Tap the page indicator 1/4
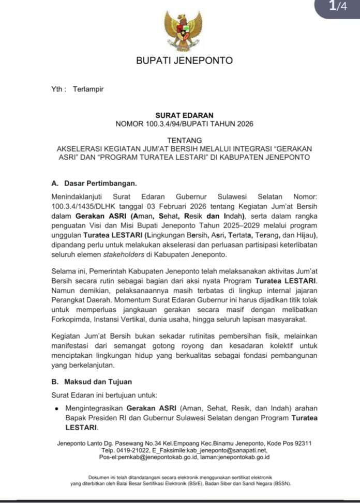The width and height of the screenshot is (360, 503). point(337,7)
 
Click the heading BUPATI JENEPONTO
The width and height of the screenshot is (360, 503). point(184,60)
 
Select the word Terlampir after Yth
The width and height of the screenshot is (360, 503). point(88,89)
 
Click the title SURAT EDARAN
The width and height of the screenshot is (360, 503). point(184,115)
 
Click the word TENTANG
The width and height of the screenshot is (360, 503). point(184,140)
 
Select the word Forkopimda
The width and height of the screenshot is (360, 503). point(71,318)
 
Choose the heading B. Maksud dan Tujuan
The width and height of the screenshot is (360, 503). point(92,382)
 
